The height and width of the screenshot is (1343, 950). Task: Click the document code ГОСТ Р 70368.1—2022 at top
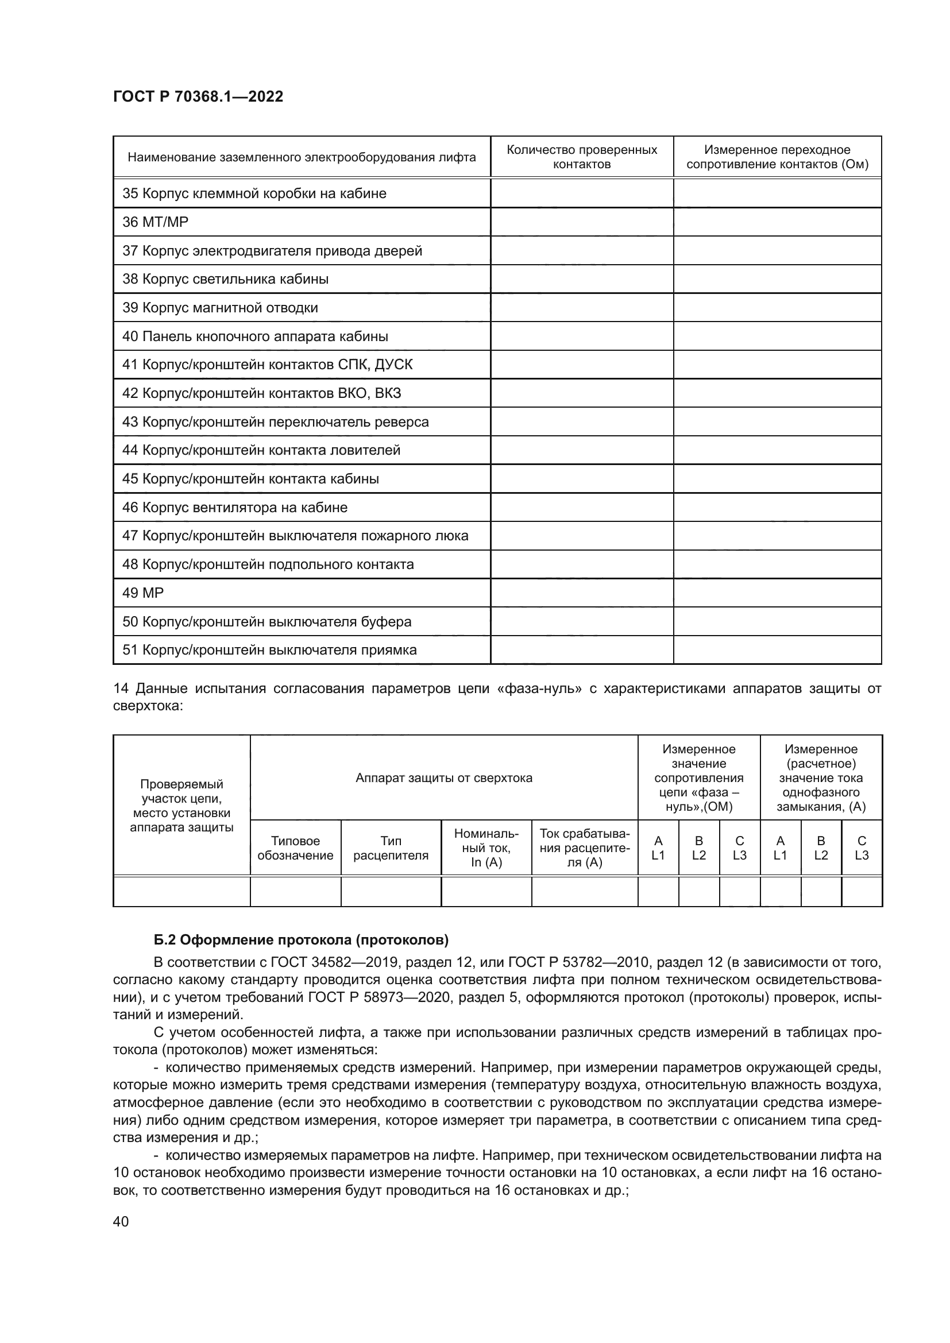pyautogui.click(x=198, y=96)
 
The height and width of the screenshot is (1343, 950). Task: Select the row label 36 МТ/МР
pyautogui.click(x=155, y=222)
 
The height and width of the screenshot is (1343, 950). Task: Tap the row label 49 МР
pyautogui.click(x=143, y=593)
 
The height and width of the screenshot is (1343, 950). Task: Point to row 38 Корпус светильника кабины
pyautogui.click(x=225, y=279)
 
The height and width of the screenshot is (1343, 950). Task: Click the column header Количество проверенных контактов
pyautogui.click(x=581, y=157)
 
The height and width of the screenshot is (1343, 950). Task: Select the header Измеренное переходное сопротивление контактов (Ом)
pyautogui.click(x=777, y=157)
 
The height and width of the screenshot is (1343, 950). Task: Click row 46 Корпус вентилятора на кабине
pyautogui.click(x=234, y=507)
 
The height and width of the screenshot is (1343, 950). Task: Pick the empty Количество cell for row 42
pyautogui.click(x=581, y=393)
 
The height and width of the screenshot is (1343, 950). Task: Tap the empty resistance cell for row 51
pyautogui.click(x=777, y=650)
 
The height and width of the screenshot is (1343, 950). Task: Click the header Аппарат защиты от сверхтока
pyautogui.click(x=443, y=778)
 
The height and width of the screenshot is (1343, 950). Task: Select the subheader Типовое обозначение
pyautogui.click(x=295, y=847)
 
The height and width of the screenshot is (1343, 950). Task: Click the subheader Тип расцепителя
pyautogui.click(x=391, y=847)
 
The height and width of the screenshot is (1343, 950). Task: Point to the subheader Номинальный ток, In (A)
pyautogui.click(x=486, y=847)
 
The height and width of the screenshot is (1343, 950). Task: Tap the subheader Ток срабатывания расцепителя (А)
pyautogui.click(x=584, y=847)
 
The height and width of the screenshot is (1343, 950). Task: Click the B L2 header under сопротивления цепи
pyautogui.click(x=698, y=847)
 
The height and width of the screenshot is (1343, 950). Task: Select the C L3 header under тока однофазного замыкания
pyautogui.click(x=861, y=847)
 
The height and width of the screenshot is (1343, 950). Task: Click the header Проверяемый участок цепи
pyautogui.click(x=181, y=806)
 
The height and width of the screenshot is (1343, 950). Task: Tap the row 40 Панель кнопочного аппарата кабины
pyautogui.click(x=255, y=336)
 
